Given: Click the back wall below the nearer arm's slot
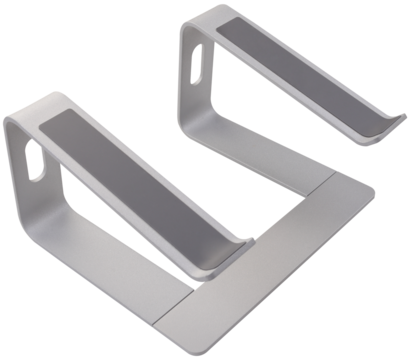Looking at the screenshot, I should pyautogui.click(x=35, y=215).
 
